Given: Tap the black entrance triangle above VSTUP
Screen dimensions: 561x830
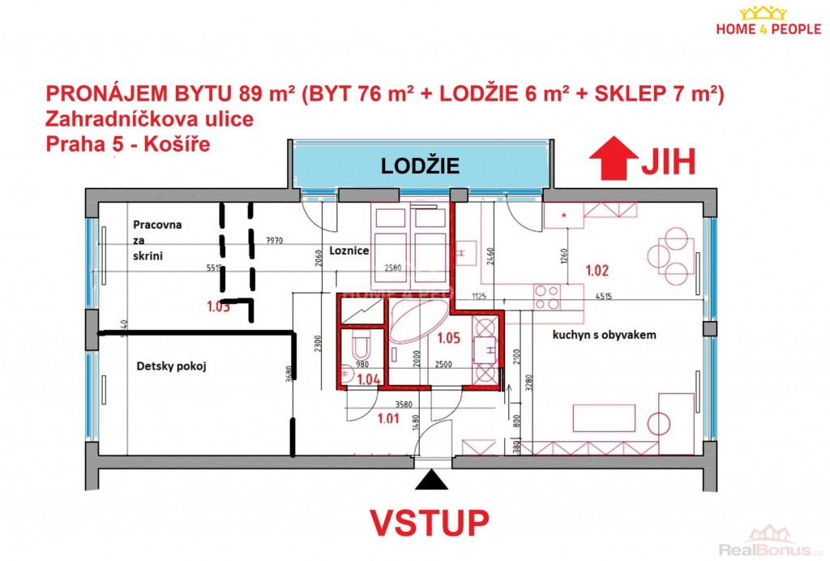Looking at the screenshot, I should [x=430, y=481].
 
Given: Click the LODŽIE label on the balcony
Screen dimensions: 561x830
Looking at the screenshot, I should [x=421, y=166].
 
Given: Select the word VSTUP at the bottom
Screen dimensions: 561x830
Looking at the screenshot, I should [x=430, y=523].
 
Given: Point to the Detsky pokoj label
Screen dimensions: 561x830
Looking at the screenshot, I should [x=171, y=366].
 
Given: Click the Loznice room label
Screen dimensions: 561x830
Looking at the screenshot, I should [x=349, y=251].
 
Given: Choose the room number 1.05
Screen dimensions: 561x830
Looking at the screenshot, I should [x=449, y=339].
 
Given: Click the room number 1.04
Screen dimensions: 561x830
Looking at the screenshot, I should [x=369, y=378].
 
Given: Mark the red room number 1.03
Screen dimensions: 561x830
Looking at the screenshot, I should [x=218, y=307].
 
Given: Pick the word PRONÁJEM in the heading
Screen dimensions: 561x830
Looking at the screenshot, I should [x=91, y=95].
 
